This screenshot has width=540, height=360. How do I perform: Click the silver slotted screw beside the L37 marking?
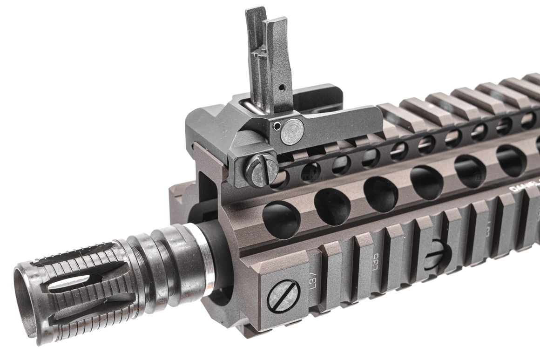click(283, 296)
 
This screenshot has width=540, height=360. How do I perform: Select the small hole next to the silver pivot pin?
click(277, 125)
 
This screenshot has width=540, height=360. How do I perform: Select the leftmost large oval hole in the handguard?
click(281, 219)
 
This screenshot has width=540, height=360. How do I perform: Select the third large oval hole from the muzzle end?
click(381, 194)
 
